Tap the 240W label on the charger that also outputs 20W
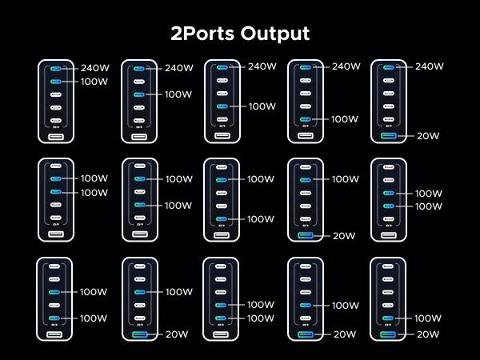pos(430,67)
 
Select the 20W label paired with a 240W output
pos(428,136)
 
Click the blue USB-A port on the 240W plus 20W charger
pos(389,136)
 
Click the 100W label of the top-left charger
pos(94,82)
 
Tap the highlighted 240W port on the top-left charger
pos(56,68)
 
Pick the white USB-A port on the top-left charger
pos(56,137)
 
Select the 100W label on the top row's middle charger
pos(262,106)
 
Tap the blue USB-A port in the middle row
pos(306,235)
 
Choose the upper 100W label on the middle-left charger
pos(94,178)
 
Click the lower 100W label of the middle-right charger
pos(429,206)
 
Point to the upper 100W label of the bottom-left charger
pos(94,292)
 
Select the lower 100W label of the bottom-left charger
pos(94,318)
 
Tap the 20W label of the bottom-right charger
pos(428,334)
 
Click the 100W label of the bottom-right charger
pos(429,318)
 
